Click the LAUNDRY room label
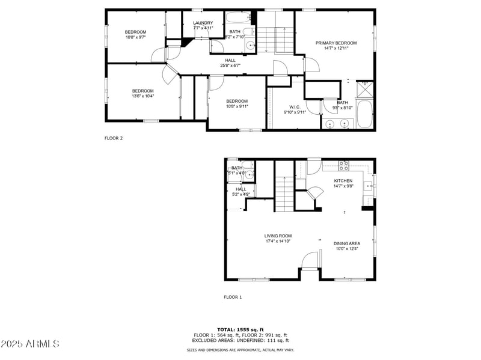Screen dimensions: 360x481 tap(203, 23)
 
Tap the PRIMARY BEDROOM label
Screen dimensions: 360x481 tap(336, 43)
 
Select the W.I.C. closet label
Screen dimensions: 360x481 tap(294, 107)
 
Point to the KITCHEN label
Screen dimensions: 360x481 tap(343, 180)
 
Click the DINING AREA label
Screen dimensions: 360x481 tap(346, 243)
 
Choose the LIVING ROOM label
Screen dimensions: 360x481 tap(278, 236)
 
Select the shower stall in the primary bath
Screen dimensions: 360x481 tap(364, 89)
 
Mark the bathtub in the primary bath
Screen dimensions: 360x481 tap(364, 114)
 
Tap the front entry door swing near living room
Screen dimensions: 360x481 tap(309, 261)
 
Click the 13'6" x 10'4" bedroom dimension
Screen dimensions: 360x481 tap(142, 96)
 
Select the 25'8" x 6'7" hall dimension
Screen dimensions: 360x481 tap(230, 66)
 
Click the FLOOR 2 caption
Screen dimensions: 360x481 tap(114, 138)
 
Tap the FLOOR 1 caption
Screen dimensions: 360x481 tap(233, 297)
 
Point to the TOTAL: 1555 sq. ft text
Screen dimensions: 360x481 tap(240, 329)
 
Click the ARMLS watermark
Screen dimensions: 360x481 tap(30, 344)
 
